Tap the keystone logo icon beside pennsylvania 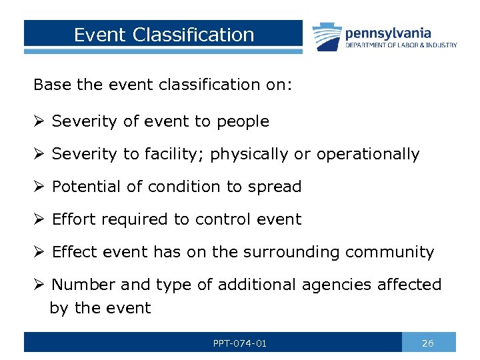coord(327,36)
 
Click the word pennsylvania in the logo coord(388,33)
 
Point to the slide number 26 coord(428,343)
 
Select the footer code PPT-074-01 coord(240,343)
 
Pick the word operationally coord(368,154)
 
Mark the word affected coord(409,285)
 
